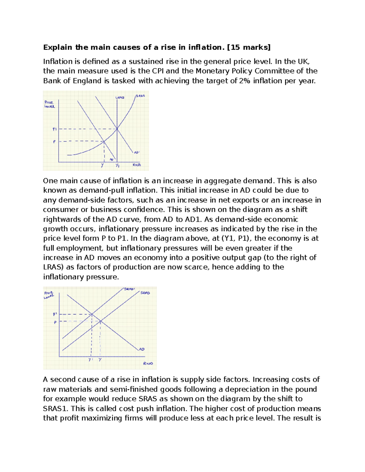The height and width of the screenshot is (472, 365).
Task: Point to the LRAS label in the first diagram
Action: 120,98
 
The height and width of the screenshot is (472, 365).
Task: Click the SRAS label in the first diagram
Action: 140,96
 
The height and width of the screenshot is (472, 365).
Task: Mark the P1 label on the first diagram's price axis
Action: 54,129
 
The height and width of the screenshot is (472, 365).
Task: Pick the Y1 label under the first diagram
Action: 117,166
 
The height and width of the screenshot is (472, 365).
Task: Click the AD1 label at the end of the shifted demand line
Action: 137,152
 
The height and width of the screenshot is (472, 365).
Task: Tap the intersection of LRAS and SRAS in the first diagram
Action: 117,129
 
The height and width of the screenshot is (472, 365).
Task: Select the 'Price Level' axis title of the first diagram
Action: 49,104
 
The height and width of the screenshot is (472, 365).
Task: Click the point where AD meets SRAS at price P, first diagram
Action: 104,141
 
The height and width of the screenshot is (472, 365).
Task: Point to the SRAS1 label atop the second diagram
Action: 129,289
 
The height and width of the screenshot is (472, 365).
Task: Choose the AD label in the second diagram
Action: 142,349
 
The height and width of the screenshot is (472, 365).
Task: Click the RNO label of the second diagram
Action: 148,363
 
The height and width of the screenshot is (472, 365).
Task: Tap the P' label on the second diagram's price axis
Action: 55,314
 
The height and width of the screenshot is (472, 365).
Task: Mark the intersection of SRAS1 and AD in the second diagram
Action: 92,314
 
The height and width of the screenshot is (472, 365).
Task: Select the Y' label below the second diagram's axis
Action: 90,360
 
